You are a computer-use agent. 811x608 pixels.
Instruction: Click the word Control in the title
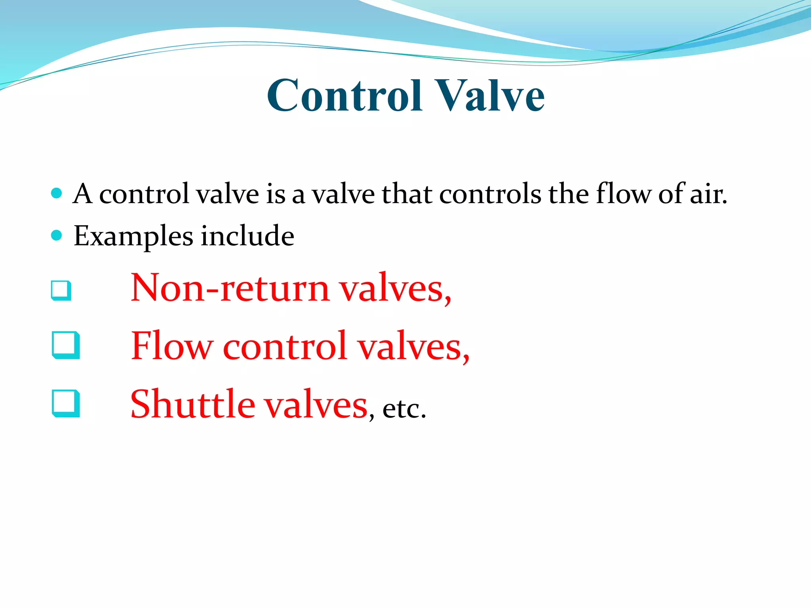tap(345, 95)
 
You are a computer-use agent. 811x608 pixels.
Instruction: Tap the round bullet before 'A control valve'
tap(57, 193)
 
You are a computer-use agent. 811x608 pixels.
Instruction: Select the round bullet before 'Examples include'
tap(57, 236)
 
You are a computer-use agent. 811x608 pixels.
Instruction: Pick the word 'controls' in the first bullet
tap(490, 194)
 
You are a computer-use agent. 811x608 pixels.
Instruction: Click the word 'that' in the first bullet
tap(406, 194)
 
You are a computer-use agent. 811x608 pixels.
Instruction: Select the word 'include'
tap(247, 236)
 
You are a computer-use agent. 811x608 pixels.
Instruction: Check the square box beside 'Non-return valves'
tap(61, 291)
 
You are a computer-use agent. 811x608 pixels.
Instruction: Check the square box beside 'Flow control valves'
tap(66, 345)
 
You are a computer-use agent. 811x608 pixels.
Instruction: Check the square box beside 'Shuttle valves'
tap(66, 404)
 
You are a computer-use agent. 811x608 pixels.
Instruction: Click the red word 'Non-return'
tap(230, 288)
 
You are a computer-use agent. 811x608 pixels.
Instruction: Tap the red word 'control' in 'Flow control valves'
tap(286, 346)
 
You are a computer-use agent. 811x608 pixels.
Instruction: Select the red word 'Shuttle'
tap(193, 404)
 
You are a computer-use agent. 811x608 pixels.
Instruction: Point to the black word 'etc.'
tap(404, 408)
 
